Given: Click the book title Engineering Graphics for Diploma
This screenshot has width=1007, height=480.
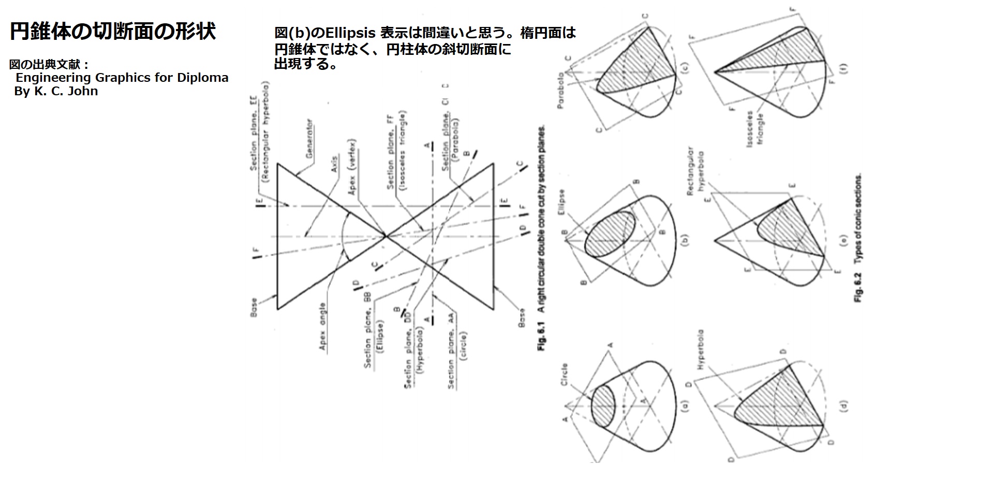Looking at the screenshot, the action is point(122,78).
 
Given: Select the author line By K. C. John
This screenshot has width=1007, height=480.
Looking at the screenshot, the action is point(56,92).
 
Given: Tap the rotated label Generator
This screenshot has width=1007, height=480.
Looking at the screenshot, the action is point(309,139).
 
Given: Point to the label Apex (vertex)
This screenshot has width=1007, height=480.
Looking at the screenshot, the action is point(352,167).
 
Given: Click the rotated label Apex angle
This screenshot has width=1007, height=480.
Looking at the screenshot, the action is point(323,327).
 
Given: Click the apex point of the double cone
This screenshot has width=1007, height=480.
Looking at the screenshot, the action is point(386,237).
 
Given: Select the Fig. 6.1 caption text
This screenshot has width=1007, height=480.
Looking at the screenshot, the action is point(542,238).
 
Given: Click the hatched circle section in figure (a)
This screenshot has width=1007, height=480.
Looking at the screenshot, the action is point(602,406).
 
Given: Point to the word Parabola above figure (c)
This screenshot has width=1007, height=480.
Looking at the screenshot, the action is point(561,90).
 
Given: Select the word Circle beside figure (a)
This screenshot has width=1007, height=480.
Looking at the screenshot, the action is point(564,373).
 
